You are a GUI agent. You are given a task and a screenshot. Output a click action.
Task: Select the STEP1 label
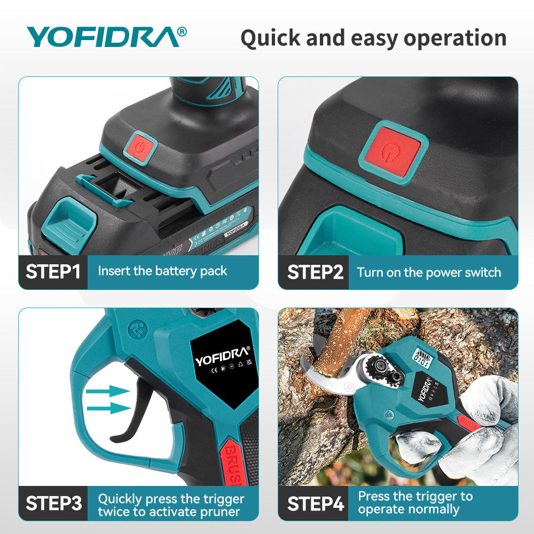point(53,271)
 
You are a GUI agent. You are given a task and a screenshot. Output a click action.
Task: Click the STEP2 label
point(315,272)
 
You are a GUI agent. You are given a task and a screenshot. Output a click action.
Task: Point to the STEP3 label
point(53,503)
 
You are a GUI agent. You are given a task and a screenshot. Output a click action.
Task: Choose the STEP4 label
point(315,503)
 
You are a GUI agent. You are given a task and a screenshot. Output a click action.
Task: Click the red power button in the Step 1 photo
point(140,146)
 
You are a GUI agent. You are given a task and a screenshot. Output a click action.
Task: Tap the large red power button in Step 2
point(394,151)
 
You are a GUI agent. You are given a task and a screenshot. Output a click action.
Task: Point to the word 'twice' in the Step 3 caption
point(113,512)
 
